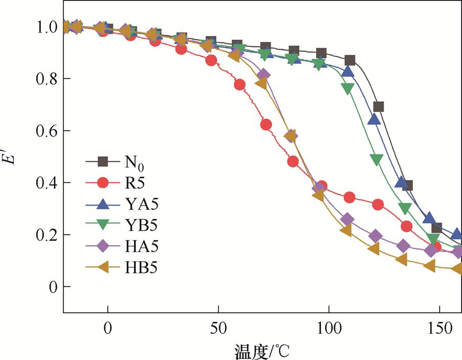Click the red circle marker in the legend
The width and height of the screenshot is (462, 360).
[103, 183]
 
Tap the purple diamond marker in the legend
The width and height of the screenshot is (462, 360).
[103, 246]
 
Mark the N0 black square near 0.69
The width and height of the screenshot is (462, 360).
[379, 107]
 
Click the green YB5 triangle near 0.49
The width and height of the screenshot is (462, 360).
[376, 160]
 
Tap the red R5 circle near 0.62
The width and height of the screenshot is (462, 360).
[266, 125]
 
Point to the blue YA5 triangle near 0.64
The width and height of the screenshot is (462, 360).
[374, 119]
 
